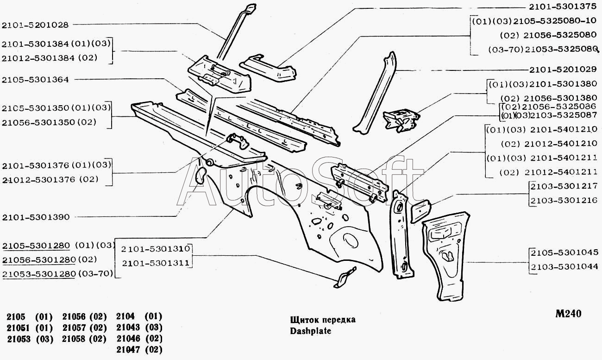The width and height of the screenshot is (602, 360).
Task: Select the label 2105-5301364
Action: (35, 80)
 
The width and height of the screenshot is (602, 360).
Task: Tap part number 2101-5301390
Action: (35, 216)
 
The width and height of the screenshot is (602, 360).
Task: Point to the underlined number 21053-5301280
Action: (39, 274)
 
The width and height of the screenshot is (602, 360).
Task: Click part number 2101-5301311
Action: (156, 263)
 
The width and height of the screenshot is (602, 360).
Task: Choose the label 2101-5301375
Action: (563, 7)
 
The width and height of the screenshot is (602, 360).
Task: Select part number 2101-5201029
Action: (563, 69)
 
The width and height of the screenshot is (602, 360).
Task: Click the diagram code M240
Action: (568, 314)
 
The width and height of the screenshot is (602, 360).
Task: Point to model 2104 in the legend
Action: (125, 317)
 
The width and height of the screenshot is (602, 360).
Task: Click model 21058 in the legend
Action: (73, 339)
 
